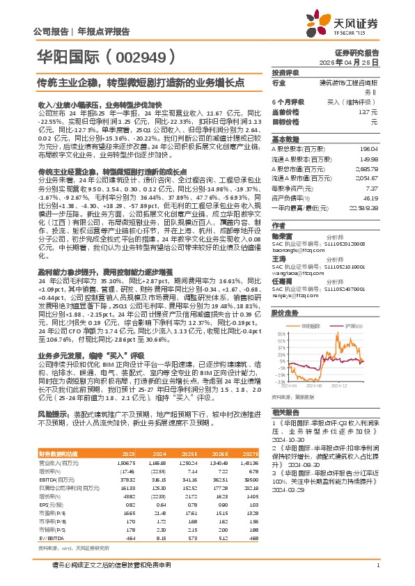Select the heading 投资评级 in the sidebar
tap(285, 72)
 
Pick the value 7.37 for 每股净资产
tap(370, 188)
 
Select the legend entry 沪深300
tap(349, 326)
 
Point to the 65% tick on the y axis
tap(281, 335)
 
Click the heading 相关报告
tap(285, 413)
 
